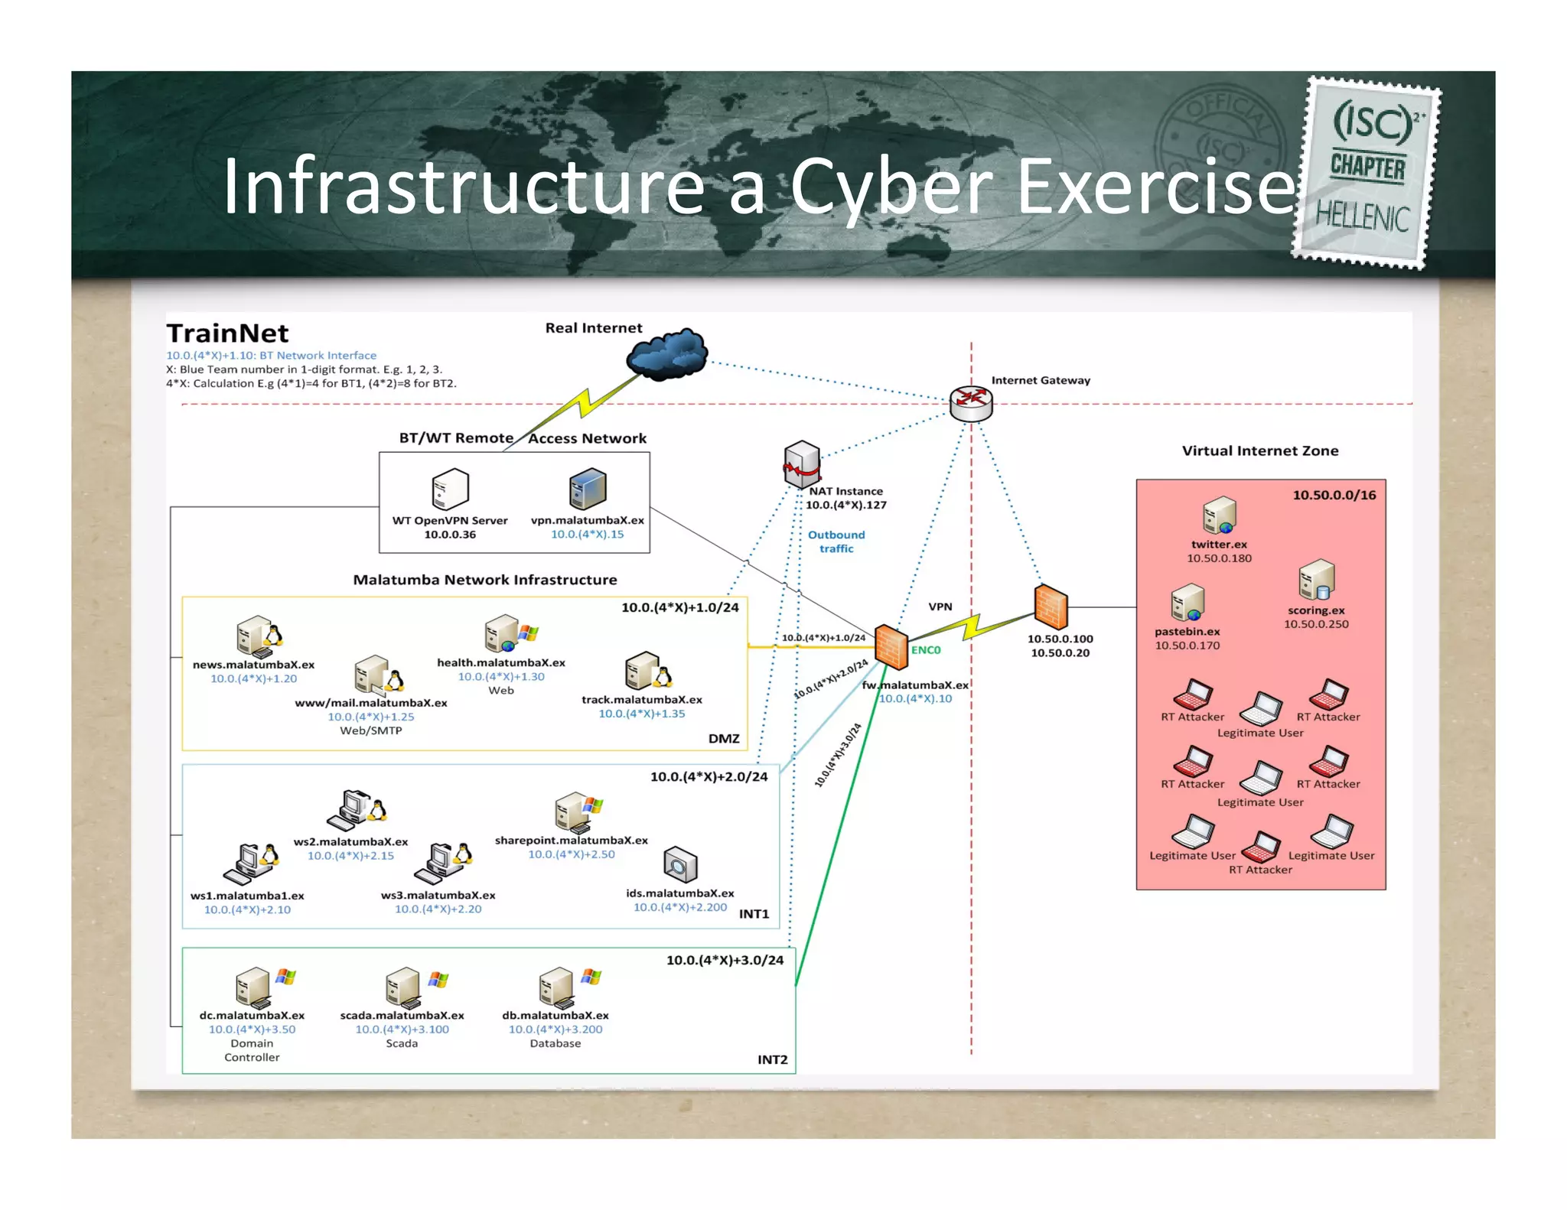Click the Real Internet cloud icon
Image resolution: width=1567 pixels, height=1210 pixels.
pos(667,354)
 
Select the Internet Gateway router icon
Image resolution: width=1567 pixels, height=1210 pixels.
pos(970,403)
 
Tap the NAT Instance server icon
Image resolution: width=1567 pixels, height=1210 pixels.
pos(801,464)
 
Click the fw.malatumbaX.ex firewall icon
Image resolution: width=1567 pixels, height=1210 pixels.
pos(890,647)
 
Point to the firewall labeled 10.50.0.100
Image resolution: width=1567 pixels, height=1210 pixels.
pos(1050,607)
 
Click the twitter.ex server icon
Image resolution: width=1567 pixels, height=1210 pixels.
pos(1218,516)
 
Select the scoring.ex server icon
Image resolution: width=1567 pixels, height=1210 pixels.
pos(1315,580)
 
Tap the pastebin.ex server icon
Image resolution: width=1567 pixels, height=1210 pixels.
pos(1187,603)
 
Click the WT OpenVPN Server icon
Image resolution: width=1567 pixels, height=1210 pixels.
pos(450,490)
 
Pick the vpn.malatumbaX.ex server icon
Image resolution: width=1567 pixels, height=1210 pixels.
pos(587,490)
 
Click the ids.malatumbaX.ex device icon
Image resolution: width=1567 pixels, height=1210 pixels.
pos(679,865)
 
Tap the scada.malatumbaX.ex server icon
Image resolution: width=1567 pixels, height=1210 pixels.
pos(403,987)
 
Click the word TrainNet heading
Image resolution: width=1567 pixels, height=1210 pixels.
pos(227,333)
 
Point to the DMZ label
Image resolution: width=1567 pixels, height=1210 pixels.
pos(723,738)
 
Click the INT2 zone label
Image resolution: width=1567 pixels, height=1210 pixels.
pos(772,1059)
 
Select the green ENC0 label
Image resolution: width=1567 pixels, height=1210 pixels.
pos(925,650)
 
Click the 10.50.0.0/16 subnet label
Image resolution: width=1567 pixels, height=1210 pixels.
pos(1334,495)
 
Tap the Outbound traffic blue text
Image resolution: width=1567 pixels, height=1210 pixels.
pos(836,542)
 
